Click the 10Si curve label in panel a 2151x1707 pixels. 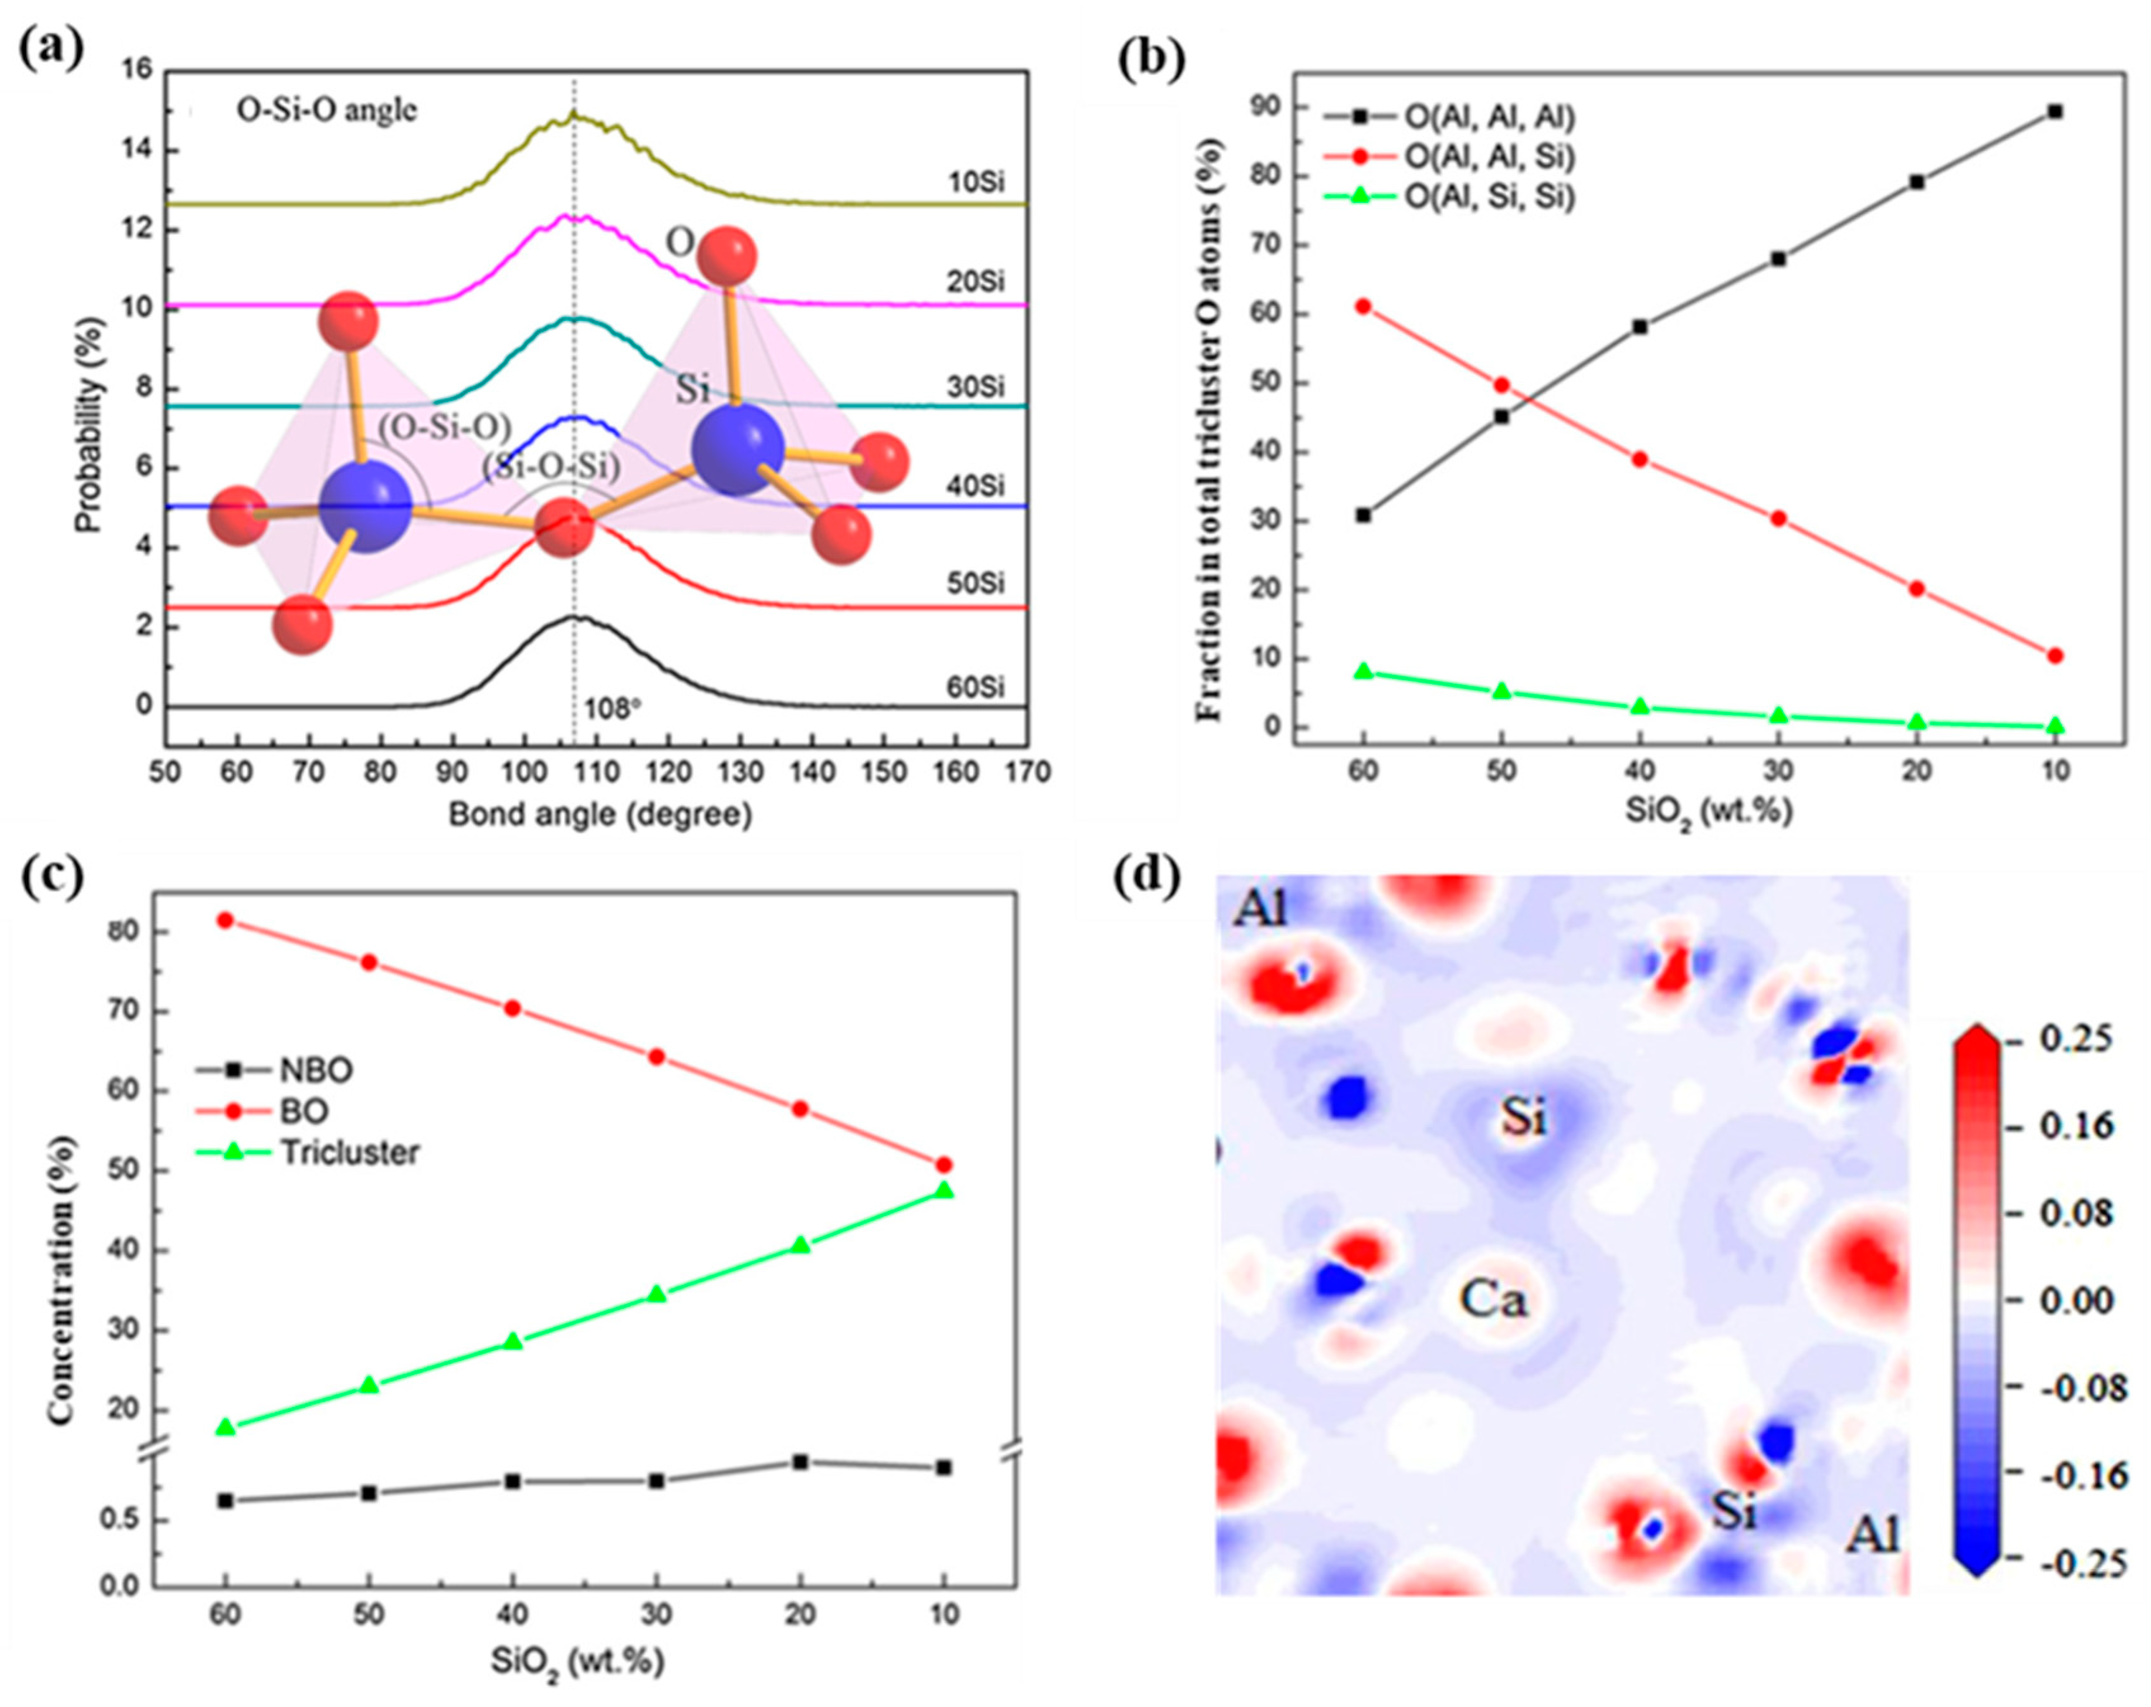tap(976, 183)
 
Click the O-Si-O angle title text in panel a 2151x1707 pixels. tap(326, 111)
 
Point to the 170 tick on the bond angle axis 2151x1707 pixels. tap(1028, 773)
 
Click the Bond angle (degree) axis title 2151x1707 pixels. tap(600, 815)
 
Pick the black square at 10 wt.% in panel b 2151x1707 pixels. tap(2054, 112)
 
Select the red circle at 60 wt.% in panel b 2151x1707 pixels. tap(1363, 306)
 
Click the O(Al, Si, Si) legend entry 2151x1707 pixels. tap(1490, 197)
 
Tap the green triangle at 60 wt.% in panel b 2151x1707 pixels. tap(1363, 671)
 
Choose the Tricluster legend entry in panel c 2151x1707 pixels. tap(349, 1153)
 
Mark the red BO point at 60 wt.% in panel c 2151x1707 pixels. tap(225, 920)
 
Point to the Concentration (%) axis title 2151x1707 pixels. tap(62, 1280)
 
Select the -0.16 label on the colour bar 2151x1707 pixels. tap(2083, 1475)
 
